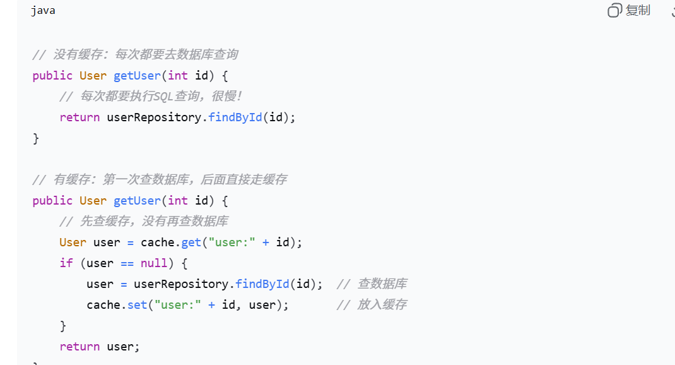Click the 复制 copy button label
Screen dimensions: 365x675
[x=638, y=10]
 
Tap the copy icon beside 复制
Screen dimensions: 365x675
[x=614, y=10]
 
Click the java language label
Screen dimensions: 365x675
[x=43, y=11]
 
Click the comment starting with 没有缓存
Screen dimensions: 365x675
[x=135, y=55]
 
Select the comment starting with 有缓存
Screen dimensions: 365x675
[x=160, y=180]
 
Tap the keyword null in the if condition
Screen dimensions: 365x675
[x=153, y=263]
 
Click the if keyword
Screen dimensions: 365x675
[x=66, y=263]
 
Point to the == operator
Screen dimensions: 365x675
[x=127, y=263]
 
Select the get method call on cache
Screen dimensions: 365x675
[x=191, y=242]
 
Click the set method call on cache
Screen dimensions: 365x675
[x=137, y=305]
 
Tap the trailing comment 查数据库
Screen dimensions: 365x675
[x=372, y=284]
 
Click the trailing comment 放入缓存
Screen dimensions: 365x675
[x=372, y=305]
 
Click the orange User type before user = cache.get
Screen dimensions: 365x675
[x=73, y=242]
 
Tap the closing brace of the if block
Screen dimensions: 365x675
[x=63, y=326]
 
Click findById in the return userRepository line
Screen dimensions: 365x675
[x=235, y=117]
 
